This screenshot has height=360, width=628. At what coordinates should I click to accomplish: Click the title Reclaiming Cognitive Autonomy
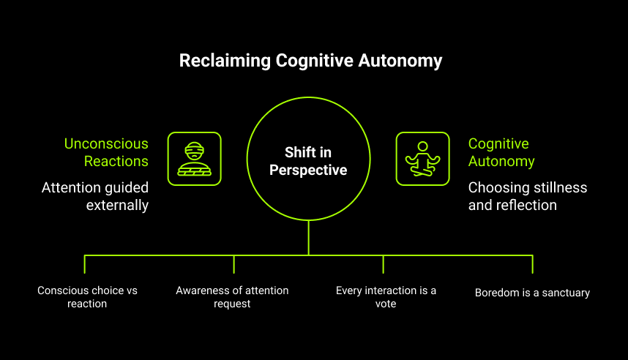click(311, 61)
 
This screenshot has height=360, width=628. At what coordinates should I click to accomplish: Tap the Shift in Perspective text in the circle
click(308, 161)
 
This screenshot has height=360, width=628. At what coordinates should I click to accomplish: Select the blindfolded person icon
click(194, 158)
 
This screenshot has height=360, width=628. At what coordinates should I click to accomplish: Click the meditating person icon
click(422, 158)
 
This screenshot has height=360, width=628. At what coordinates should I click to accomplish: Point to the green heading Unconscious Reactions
click(106, 152)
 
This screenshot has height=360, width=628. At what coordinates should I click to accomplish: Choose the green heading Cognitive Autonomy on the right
click(501, 152)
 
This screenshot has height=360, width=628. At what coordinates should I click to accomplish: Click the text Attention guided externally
click(95, 196)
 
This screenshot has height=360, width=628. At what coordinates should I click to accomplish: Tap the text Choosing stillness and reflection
click(527, 196)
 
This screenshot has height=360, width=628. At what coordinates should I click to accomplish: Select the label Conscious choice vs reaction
click(87, 296)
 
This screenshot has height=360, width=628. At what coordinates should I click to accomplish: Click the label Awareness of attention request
click(232, 296)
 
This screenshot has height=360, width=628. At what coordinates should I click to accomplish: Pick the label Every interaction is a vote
click(386, 296)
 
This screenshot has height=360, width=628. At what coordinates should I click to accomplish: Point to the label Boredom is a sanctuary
click(532, 293)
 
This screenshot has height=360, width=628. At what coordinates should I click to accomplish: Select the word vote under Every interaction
click(386, 303)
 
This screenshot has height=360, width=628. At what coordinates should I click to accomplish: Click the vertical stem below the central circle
click(308, 238)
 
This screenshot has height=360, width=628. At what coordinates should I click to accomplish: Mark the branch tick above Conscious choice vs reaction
click(85, 264)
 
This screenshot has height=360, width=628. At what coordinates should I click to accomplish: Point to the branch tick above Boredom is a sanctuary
click(532, 264)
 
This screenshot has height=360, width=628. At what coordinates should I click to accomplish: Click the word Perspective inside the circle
click(308, 170)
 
